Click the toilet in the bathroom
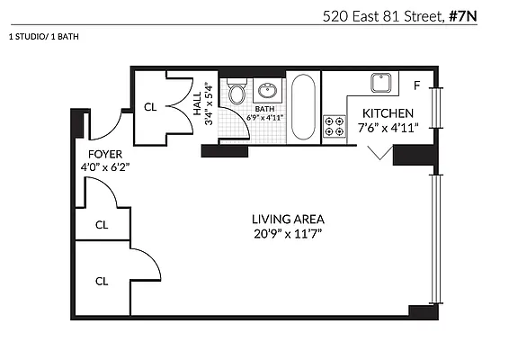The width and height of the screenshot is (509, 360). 237,92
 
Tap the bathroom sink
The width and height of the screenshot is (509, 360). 267,90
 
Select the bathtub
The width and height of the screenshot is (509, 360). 304,106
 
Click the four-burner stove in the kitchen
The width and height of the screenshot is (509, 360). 335,127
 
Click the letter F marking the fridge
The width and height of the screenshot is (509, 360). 416,86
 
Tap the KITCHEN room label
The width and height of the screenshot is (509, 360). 388,113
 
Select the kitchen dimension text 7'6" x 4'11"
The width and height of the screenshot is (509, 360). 388,128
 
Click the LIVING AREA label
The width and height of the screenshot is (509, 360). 288,219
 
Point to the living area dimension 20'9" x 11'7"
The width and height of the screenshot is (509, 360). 288,233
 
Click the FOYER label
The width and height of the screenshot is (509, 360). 104,154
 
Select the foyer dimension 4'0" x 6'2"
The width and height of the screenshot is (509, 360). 104,166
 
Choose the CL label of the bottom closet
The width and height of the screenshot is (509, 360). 102,281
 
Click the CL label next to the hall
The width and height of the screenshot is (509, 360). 150,107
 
